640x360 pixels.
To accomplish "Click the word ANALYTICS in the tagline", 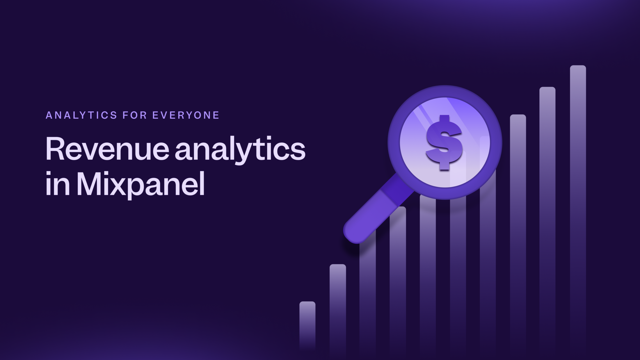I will pos(81,115).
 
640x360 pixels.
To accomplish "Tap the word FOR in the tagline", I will pos(135,115).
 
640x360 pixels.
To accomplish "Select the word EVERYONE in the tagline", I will pos(186,115).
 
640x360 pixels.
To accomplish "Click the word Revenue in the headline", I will pos(107,149).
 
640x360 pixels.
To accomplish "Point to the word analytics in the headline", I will pos(240,149).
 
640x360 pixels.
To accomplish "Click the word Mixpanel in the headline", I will pos(141,184).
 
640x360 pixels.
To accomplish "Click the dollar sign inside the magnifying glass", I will pos(444,142).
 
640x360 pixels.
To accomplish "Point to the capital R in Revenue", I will pos(55,149).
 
